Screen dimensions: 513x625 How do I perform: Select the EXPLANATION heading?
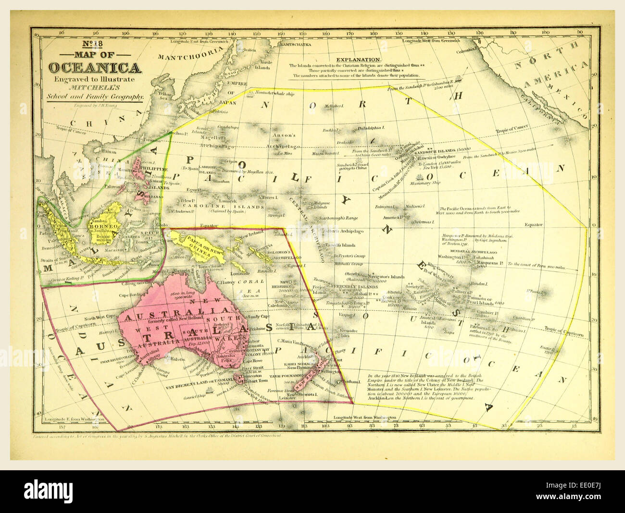359,60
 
